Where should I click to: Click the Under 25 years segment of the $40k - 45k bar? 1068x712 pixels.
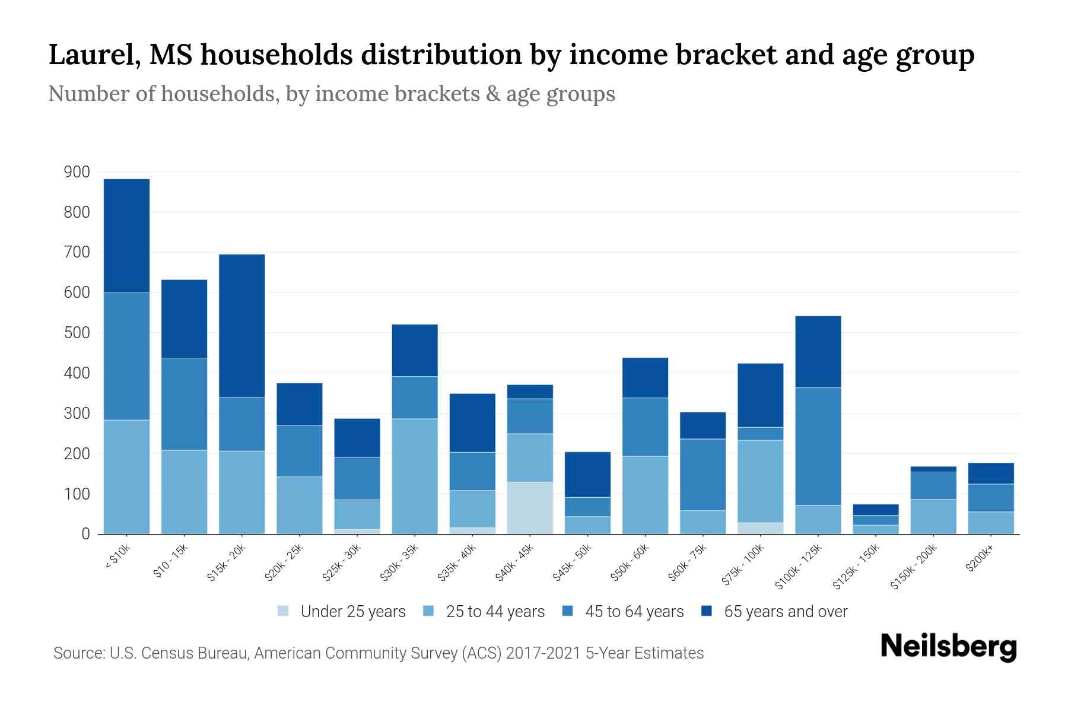[x=530, y=508]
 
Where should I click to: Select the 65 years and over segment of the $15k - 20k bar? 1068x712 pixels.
[x=241, y=326]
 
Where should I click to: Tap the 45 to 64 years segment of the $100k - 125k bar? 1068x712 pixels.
[x=818, y=446]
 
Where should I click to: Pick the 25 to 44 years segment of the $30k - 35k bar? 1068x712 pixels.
[x=415, y=476]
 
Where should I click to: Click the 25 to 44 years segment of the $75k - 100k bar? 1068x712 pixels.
[x=760, y=481]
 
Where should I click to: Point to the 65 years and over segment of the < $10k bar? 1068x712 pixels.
[x=126, y=236]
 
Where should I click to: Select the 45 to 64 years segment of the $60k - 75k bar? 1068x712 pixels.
[x=703, y=475]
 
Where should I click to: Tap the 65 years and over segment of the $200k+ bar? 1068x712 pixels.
[x=991, y=473]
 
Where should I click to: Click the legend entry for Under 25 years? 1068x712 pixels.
[x=352, y=612]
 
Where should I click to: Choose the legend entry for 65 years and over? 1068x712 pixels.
[x=785, y=612]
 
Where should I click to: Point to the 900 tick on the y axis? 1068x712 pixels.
[x=77, y=172]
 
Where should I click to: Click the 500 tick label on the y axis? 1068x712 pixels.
[x=77, y=333]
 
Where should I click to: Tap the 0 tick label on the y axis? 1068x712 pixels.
[x=85, y=534]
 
